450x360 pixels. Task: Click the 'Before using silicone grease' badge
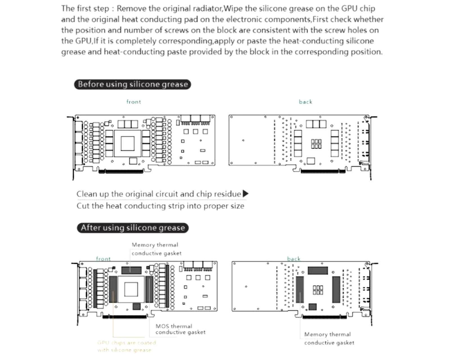132,84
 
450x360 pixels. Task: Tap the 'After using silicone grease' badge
133,228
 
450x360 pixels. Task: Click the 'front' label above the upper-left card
134,102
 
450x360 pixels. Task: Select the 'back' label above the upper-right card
305,102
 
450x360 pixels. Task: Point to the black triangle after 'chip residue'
245,193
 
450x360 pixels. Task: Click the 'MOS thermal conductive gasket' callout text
180,329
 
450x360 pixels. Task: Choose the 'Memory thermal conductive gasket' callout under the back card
329,338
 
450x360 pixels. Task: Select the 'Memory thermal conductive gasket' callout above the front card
156,249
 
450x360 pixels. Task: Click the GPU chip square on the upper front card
127,143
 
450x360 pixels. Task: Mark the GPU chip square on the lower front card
131,289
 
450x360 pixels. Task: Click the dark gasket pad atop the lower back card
318,271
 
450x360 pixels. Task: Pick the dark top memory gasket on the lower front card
131,270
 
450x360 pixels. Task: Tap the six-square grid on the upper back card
316,144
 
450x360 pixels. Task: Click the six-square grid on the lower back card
318,290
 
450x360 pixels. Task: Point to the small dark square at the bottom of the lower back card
312,307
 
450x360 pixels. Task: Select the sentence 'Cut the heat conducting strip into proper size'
160,206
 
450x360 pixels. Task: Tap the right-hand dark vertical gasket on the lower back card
336,289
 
